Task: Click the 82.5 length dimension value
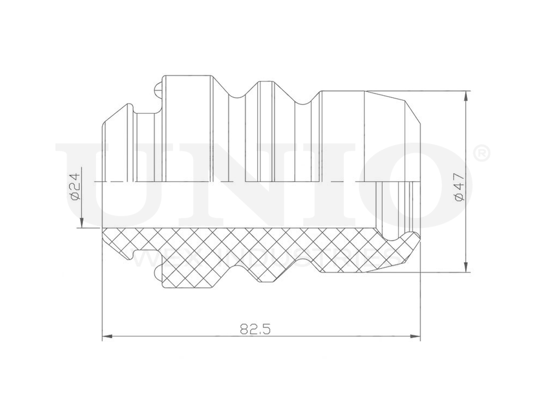click(256, 329)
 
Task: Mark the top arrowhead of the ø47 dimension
click(465, 96)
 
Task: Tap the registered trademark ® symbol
click(480, 154)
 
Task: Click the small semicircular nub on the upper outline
click(159, 87)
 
